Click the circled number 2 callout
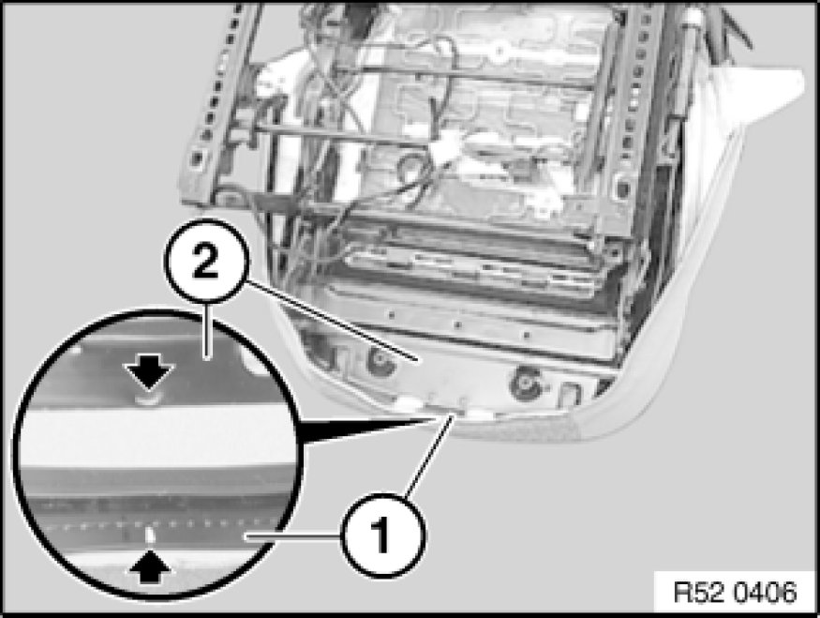(x=205, y=261)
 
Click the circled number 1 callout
(x=383, y=535)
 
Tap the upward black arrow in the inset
(x=150, y=565)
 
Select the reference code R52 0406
(x=735, y=592)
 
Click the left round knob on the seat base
(x=380, y=360)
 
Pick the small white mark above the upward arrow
(x=150, y=535)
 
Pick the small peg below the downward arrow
(x=147, y=400)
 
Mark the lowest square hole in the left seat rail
(x=198, y=157)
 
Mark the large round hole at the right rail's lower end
(x=622, y=187)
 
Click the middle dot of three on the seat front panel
(x=457, y=324)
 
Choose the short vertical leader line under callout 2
(x=208, y=331)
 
